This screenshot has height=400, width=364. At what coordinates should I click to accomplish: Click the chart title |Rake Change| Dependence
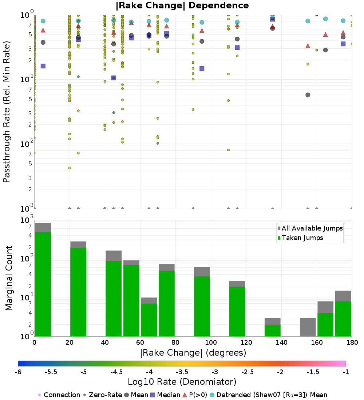[182, 5]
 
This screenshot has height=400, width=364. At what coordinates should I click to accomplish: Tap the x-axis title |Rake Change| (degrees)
[193, 353]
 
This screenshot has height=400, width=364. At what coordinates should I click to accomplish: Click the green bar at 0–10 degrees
[43, 284]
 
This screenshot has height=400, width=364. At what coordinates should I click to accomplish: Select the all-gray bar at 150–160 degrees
[308, 327]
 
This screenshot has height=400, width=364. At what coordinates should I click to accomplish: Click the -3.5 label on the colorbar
[182, 372]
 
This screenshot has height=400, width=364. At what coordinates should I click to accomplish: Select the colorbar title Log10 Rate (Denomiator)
[182, 382]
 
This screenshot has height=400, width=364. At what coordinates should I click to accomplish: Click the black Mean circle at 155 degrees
[308, 95]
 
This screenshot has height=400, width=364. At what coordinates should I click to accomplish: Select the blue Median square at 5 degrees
[43, 66]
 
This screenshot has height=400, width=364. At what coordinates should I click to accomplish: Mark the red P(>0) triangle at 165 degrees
[325, 35]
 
